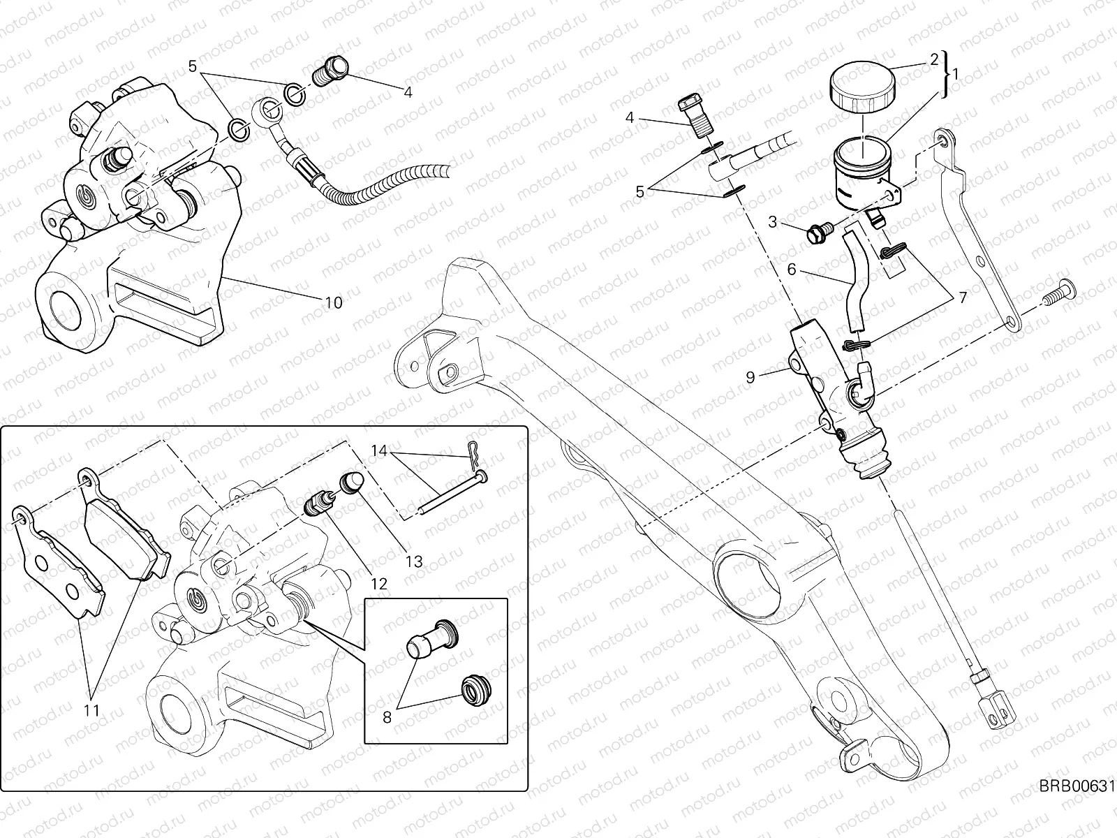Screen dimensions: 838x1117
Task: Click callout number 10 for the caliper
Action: click(333, 302)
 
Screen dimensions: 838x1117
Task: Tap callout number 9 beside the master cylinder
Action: click(750, 377)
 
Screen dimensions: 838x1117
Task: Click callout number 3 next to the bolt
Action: click(773, 223)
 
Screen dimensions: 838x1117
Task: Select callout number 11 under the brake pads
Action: click(91, 710)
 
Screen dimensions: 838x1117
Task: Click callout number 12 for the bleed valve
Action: click(379, 584)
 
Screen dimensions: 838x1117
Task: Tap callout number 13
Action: click(414, 561)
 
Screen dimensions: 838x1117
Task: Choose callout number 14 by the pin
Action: click(379, 451)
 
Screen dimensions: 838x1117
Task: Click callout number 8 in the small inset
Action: click(387, 717)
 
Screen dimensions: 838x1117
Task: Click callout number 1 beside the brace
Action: click(956, 72)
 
